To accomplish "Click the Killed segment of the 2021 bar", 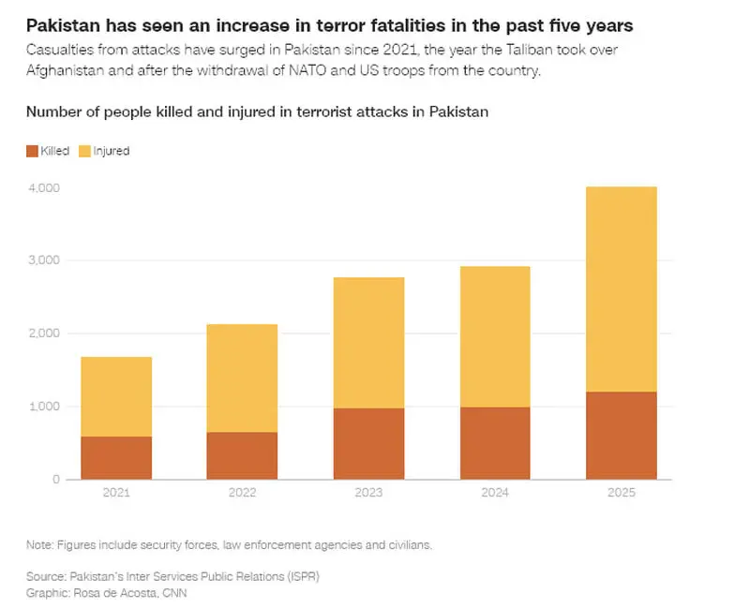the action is pos(116,457).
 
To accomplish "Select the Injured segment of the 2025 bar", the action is pos(622,289).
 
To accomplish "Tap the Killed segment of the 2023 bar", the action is pos(368,443).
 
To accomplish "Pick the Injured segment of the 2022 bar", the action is pos(242,378).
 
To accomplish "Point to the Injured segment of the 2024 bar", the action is pos(495,337).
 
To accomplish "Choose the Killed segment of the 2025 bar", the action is pos(622,436).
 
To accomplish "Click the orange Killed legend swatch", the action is pos(32,151).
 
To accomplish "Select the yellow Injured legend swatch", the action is pos(84,151).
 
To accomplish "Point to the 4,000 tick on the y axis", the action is pos(44,188).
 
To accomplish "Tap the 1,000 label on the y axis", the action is pos(44,407).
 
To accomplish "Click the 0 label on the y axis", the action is pos(56,480).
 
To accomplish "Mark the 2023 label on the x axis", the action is pos(368,493).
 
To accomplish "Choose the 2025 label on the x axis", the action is pos(622,493).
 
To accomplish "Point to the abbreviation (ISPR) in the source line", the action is pos(303,576).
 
